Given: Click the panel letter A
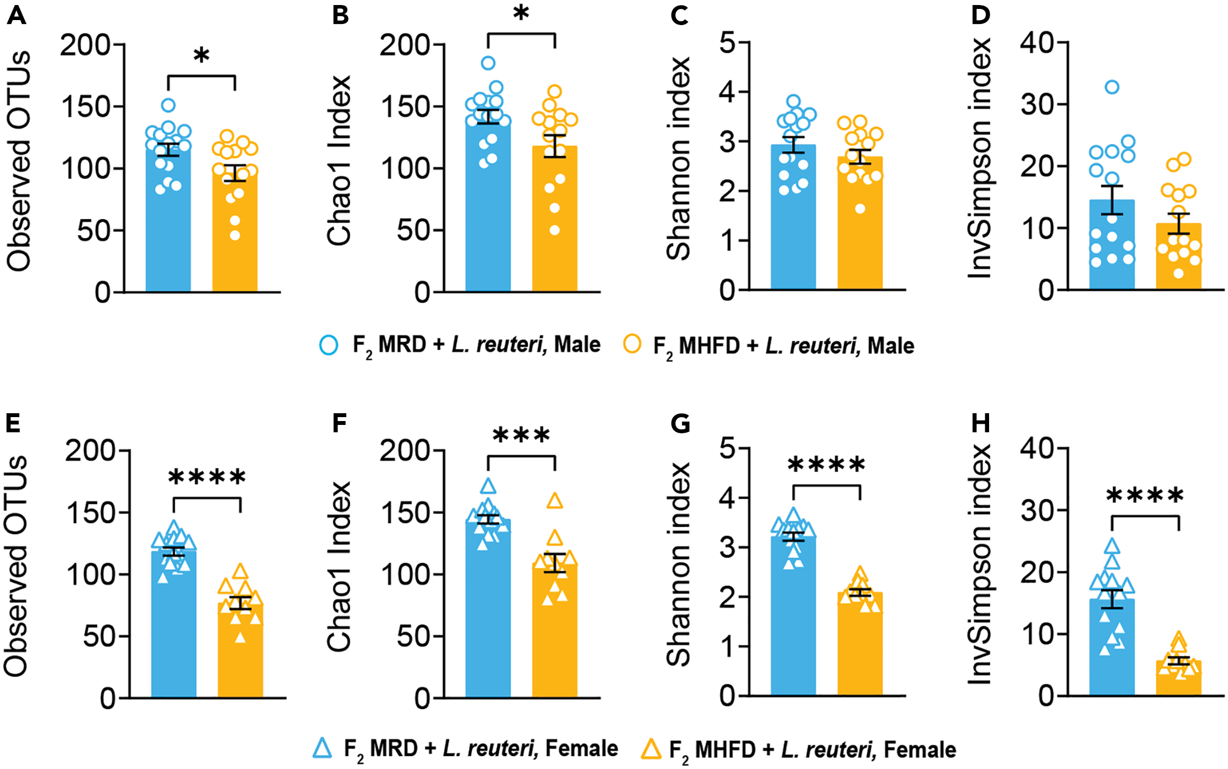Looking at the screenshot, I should click(17, 16).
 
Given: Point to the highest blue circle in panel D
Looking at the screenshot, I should click(1112, 87).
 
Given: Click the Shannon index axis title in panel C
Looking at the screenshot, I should click(679, 158).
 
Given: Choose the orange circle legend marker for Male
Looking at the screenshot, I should click(632, 344).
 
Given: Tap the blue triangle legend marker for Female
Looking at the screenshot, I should click(323, 748).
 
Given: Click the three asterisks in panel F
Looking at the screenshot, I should click(521, 436).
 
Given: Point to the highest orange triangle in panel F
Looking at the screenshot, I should click(554, 500).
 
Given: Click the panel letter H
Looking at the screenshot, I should click(981, 423).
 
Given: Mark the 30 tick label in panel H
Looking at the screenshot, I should click(1037, 510).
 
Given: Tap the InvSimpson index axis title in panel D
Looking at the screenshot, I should click(980, 158).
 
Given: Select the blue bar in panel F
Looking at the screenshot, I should click(487, 613).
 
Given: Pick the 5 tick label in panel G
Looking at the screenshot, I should click(727, 448).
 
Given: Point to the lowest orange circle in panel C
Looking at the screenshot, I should click(860, 209).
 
